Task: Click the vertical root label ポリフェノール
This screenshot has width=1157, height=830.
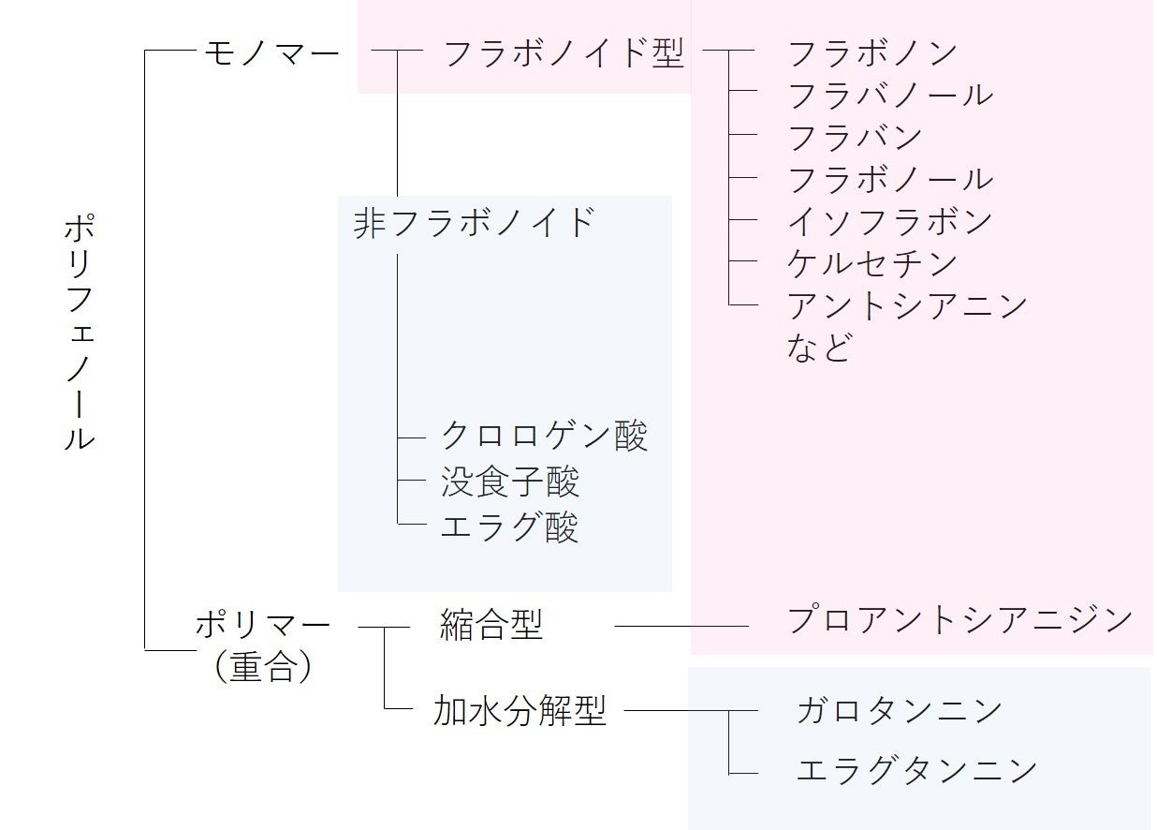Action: [80, 333]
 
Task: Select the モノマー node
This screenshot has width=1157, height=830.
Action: [271, 54]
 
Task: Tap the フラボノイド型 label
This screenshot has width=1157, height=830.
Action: [564, 54]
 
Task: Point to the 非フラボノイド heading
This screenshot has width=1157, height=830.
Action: [475, 223]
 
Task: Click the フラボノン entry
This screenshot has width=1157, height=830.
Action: [873, 52]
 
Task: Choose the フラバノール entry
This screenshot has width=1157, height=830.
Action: [890, 95]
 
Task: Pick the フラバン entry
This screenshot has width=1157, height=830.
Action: [856, 137]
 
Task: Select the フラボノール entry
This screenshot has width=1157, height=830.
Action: [890, 179]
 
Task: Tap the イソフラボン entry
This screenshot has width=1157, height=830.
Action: [890, 221]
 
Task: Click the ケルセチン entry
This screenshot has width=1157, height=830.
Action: [873, 263]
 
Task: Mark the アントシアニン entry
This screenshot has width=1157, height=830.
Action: [907, 305]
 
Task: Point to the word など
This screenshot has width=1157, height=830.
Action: [820, 348]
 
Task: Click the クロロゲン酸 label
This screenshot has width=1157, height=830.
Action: [544, 436]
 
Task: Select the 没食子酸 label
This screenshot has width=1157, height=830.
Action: [510, 482]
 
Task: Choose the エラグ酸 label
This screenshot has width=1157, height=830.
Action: [510, 527]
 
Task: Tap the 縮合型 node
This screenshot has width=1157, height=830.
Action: [491, 624]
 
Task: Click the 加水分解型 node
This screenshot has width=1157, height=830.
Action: [520, 711]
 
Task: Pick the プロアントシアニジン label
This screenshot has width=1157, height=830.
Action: [959, 619]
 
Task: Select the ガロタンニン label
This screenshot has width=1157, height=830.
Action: [899, 710]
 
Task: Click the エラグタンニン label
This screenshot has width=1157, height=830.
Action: [916, 770]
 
